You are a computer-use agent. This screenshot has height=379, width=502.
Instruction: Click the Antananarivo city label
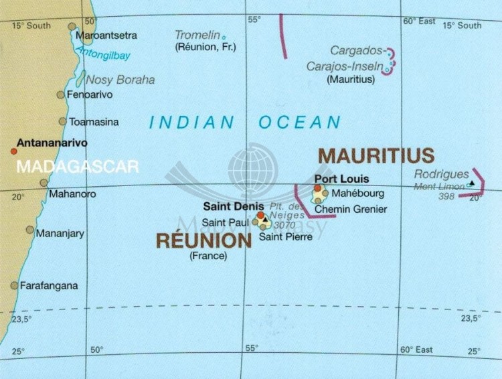pyautogui.click(x=52, y=142)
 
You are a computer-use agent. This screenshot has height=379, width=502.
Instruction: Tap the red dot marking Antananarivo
pyautogui.click(x=13, y=151)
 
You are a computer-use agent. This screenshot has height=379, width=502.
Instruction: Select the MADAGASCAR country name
pyautogui.click(x=77, y=166)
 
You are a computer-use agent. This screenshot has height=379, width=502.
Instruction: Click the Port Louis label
pyautogui.click(x=341, y=179)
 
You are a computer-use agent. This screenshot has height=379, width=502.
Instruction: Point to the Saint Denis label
pyautogui.click(x=234, y=206)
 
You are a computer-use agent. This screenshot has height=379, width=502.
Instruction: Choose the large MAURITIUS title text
pyautogui.click(x=376, y=155)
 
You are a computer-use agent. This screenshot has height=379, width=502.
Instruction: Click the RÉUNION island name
pyautogui.click(x=203, y=240)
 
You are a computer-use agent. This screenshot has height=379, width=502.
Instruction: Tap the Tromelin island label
pyautogui.click(x=197, y=35)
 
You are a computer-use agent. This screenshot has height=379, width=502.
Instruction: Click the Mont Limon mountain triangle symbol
pyautogui.click(x=472, y=183)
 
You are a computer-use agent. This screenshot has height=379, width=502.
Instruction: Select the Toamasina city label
pyautogui.click(x=94, y=122)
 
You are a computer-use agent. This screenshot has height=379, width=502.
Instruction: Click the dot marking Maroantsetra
pyautogui.click(x=72, y=27)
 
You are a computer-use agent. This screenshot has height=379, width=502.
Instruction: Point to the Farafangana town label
pyautogui.click(x=49, y=285)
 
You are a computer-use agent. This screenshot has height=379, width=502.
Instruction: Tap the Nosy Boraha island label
pyautogui.click(x=120, y=80)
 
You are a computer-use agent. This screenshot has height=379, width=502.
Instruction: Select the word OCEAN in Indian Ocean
pyautogui.click(x=300, y=122)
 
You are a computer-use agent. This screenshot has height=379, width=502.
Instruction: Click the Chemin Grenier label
pyautogui.click(x=351, y=209)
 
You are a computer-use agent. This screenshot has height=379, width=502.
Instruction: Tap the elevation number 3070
pyautogui.click(x=284, y=225)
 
